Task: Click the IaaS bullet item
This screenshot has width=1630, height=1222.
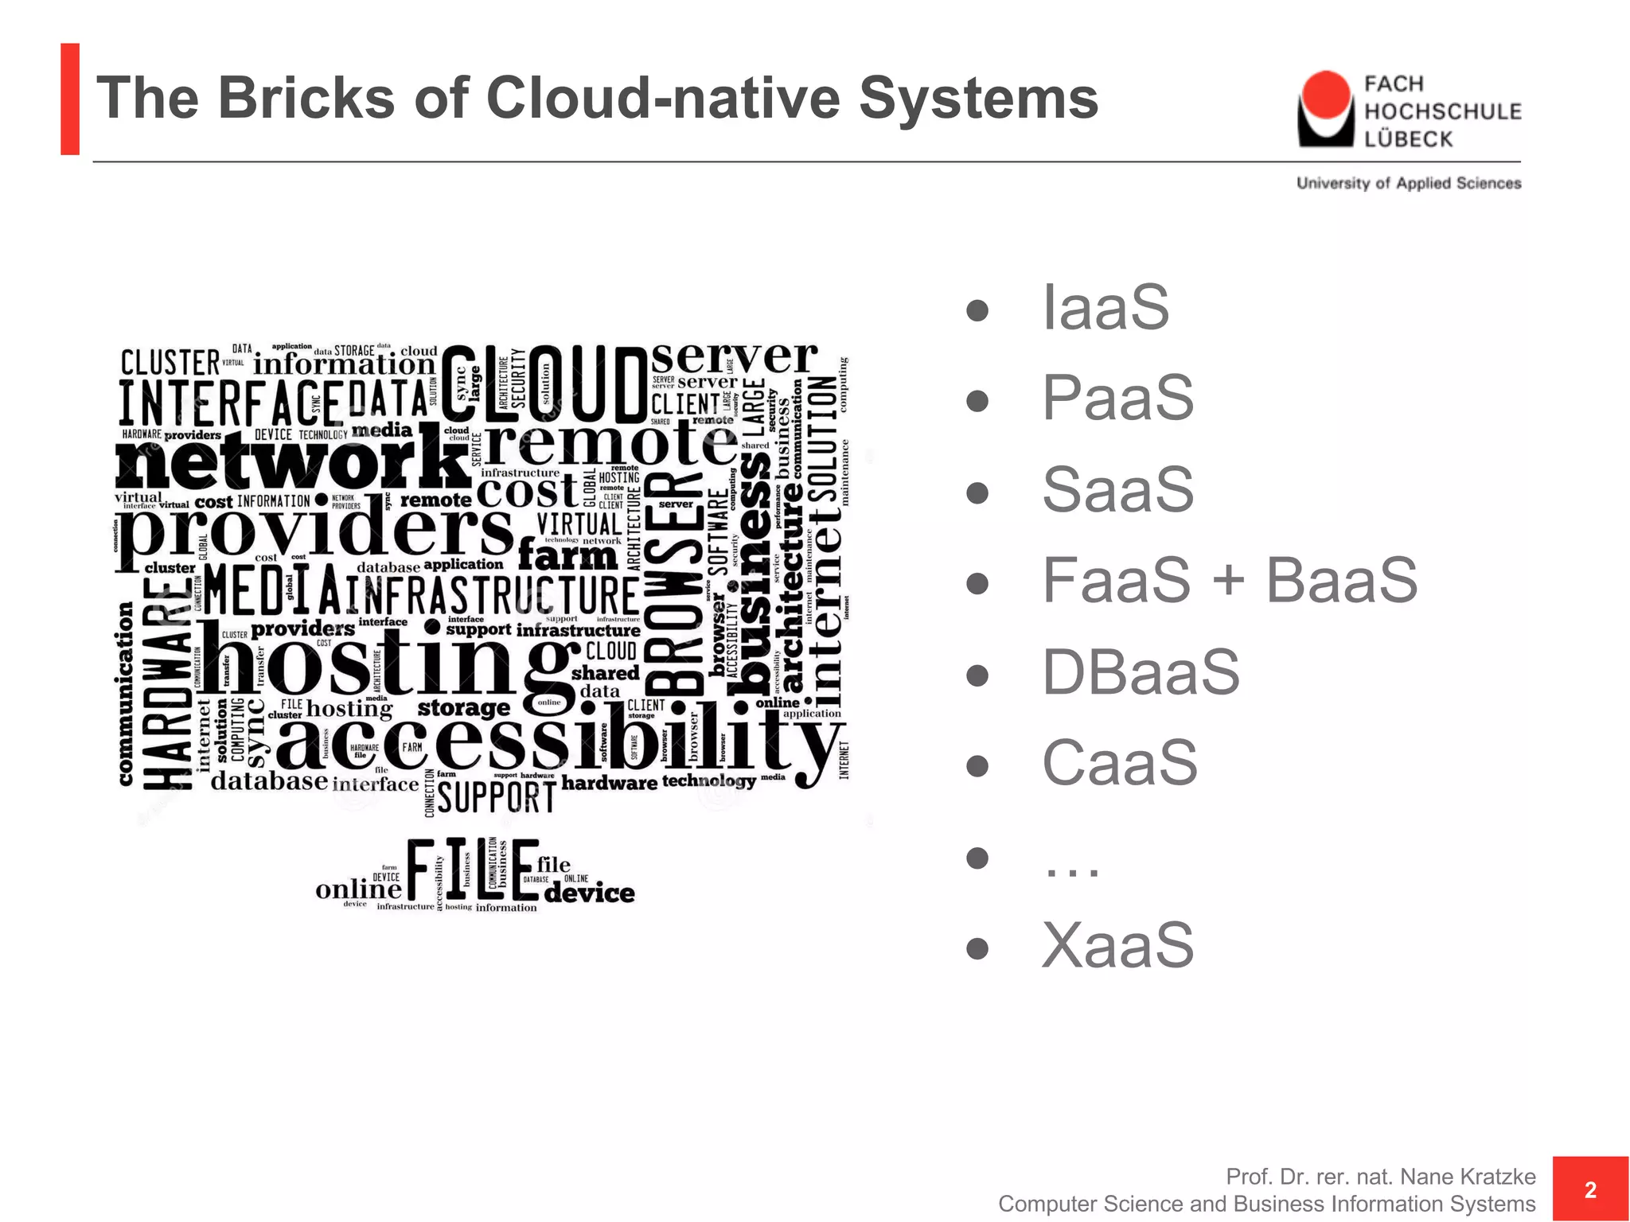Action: (x=1106, y=308)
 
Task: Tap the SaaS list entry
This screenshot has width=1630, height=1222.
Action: (x=1117, y=489)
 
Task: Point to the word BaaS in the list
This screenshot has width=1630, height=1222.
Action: (x=1341, y=581)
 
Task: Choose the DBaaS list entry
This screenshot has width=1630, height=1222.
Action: (x=1141, y=672)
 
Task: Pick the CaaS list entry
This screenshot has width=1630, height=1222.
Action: (x=1119, y=762)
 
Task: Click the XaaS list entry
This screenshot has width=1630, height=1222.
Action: (x=1117, y=945)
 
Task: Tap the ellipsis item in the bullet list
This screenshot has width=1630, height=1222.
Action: (x=1071, y=863)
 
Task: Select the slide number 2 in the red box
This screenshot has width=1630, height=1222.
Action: (x=1590, y=1189)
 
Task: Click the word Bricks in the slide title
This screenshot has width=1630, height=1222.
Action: (x=306, y=98)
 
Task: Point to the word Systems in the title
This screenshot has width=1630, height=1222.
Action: (x=978, y=98)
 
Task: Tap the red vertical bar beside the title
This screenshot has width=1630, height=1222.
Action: (x=70, y=99)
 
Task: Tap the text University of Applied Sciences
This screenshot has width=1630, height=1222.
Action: (x=1409, y=183)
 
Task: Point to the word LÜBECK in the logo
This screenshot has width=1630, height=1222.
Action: (x=1408, y=139)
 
